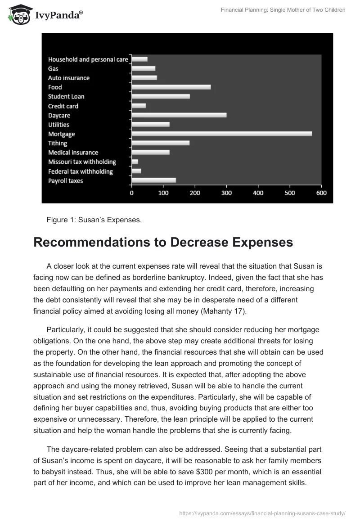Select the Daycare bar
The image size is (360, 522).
pyautogui.click(x=179, y=115)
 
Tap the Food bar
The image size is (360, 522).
pyautogui.click(x=171, y=87)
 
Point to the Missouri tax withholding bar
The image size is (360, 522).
pyautogui.click(x=135, y=162)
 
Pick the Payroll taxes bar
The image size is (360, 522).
pyautogui.click(x=153, y=180)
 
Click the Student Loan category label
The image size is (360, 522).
pyautogui.click(x=66, y=96)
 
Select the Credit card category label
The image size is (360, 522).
pyautogui.click(x=63, y=106)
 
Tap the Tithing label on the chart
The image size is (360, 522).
pyautogui.click(x=58, y=143)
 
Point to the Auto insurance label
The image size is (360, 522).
pyautogui.click(x=69, y=78)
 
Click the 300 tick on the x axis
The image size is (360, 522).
pyautogui.click(x=226, y=193)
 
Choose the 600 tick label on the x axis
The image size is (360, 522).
pyautogui.click(x=321, y=193)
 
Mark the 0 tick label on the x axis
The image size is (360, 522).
pyautogui.click(x=131, y=193)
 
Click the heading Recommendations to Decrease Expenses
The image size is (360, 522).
pyautogui.click(x=163, y=243)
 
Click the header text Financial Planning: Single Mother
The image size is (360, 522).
pyautogui.click(x=283, y=10)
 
